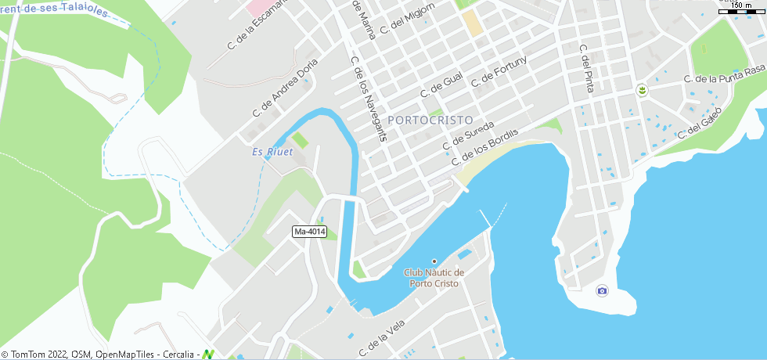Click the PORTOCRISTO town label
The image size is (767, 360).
tap(430, 121)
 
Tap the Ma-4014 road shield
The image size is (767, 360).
tap(309, 232)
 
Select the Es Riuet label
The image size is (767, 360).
tap(272, 152)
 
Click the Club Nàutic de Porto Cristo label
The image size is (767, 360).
tap(434, 278)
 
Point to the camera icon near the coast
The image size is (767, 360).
tap(602, 290)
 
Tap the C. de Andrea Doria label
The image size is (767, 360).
tap(286, 88)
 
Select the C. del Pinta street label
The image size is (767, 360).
tap(586, 68)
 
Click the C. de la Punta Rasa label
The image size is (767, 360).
tap(724, 75)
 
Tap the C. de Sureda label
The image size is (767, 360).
tap(468, 135)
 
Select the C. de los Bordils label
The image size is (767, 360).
tap(484, 145)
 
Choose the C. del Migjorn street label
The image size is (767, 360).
tap(407, 18)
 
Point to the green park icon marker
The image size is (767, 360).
tap(642, 91)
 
